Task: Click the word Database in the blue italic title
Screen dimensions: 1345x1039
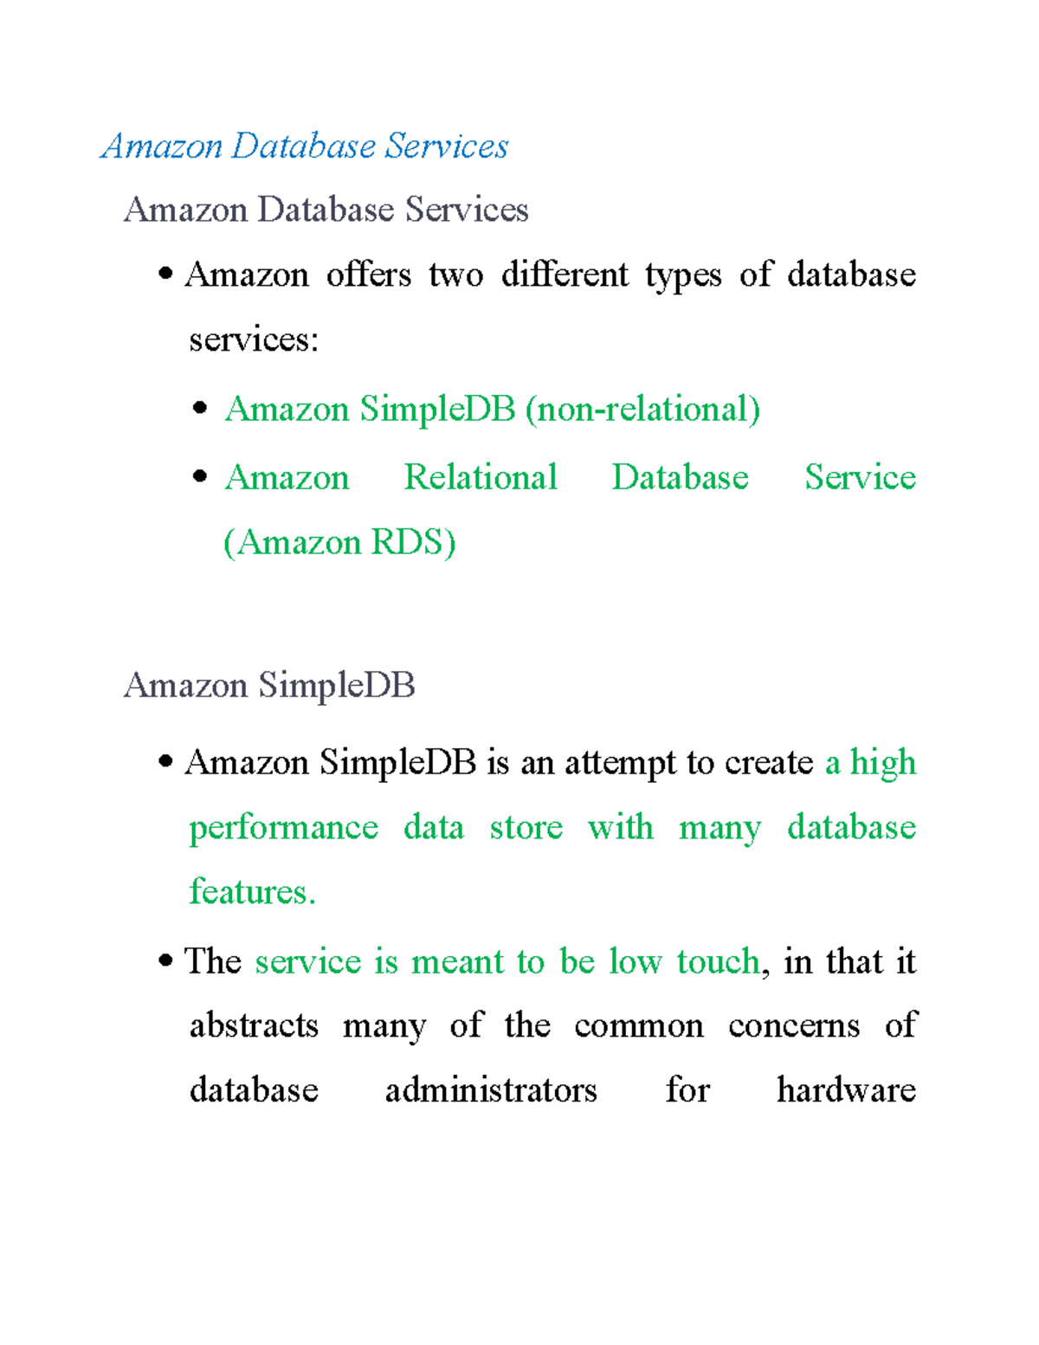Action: click(303, 146)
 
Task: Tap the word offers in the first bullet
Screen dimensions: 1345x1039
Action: click(368, 275)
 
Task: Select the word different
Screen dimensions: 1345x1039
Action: click(565, 275)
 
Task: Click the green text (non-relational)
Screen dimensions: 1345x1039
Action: click(642, 409)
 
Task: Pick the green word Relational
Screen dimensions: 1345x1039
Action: click(481, 477)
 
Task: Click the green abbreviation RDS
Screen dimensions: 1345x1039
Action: click(412, 542)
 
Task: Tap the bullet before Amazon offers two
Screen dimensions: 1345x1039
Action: click(165, 275)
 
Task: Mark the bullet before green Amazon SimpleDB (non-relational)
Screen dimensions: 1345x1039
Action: click(201, 408)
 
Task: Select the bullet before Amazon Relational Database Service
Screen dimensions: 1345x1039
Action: click(201, 476)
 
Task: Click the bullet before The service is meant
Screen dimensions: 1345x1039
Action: click(165, 961)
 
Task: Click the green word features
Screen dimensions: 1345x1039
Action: click(251, 892)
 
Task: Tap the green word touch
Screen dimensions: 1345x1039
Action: click(718, 962)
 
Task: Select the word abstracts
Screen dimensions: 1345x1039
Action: click(254, 1026)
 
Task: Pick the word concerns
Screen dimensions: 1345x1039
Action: click(793, 1026)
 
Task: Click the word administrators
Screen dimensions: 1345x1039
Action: click(491, 1090)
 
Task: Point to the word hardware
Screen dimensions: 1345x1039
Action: click(846, 1090)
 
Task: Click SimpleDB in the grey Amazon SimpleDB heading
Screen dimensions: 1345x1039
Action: click(336, 686)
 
